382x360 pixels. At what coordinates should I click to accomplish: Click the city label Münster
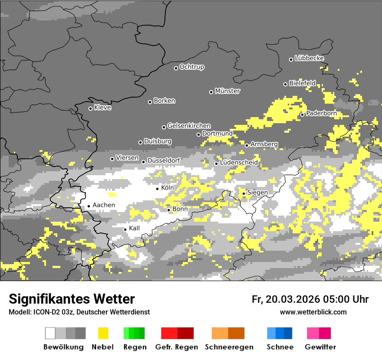tap(227, 91)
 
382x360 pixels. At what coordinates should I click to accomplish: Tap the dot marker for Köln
tap(158, 189)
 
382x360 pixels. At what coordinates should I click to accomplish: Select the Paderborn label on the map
tap(321, 114)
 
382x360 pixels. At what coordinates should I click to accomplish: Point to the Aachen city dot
tap(89, 206)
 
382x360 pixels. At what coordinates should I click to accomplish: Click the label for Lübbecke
tap(309, 58)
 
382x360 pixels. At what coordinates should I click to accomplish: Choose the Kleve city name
tap(102, 108)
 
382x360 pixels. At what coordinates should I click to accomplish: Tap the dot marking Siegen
tap(244, 193)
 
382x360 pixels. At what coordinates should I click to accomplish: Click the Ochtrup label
tap(192, 67)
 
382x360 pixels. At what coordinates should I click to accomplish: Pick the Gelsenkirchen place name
tap(189, 126)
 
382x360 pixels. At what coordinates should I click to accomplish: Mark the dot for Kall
tap(125, 229)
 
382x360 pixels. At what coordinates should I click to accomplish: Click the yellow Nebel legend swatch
tap(103, 333)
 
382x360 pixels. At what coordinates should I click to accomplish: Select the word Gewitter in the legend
tap(320, 347)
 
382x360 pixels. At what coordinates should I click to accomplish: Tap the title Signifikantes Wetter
tap(72, 299)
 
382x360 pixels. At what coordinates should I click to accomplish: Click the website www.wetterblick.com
tap(313, 312)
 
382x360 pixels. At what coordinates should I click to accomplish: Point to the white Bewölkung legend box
tap(50, 333)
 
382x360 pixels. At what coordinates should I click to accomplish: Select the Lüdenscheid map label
tap(239, 163)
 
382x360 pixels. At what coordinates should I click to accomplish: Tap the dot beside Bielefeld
tap(286, 84)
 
